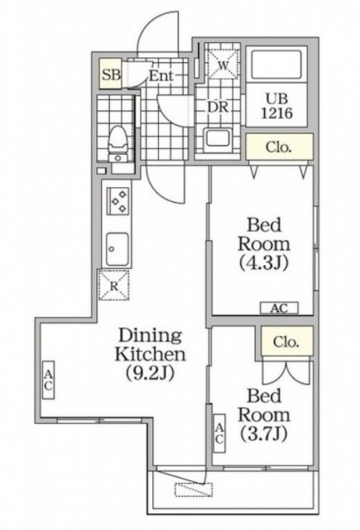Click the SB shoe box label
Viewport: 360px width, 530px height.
pyautogui.click(x=111, y=75)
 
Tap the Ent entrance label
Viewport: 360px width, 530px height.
pyautogui.click(x=161, y=75)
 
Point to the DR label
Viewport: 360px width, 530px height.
pyautogui.click(x=218, y=107)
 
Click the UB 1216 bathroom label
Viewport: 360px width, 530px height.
pyautogui.click(x=276, y=106)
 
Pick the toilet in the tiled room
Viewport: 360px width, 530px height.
pyautogui.click(x=118, y=143)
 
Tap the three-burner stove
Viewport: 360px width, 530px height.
pyautogui.click(x=118, y=200)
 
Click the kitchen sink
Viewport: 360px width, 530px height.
pyautogui.click(x=118, y=249)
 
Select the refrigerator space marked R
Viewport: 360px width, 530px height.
pyautogui.click(x=114, y=285)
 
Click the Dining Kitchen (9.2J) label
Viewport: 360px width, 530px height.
pyautogui.click(x=150, y=354)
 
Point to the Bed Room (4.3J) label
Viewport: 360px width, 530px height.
pyautogui.click(x=264, y=243)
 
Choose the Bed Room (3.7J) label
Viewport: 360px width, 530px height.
pyautogui.click(x=264, y=415)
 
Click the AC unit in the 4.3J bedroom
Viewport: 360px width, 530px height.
pyautogui.click(x=279, y=308)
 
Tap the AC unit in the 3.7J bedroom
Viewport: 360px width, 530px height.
pyautogui.click(x=219, y=433)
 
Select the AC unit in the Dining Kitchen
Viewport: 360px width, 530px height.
pyautogui.click(x=48, y=380)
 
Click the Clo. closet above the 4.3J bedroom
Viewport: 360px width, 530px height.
pyautogui.click(x=279, y=147)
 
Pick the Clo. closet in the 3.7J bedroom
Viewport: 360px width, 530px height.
pyautogui.click(x=286, y=341)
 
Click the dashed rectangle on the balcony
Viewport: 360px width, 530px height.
pyautogui.click(x=194, y=489)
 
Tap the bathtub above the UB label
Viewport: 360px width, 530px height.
pyautogui.click(x=276, y=65)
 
